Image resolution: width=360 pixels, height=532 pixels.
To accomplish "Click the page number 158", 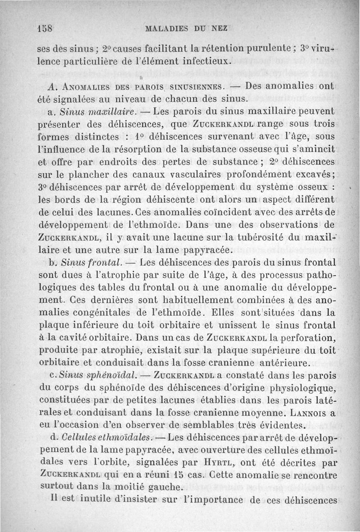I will pyautogui.click(x=45, y=27).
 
